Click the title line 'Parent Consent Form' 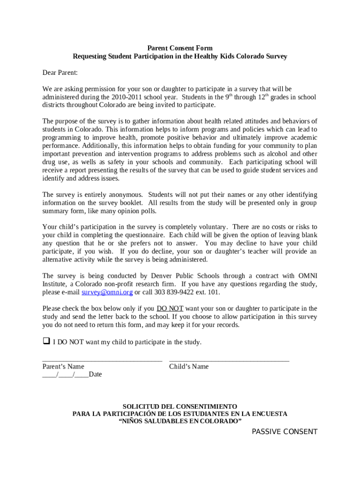tap(180, 48)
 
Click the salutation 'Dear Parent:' tap(60, 73)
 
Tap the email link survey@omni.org tap(107, 292)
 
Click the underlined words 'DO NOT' tap(170, 309)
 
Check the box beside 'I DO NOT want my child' tap(46, 341)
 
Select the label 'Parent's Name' tap(63, 367)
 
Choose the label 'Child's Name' tap(189, 367)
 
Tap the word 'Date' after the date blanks tap(95, 375)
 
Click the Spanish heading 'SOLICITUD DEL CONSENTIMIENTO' tap(180, 406)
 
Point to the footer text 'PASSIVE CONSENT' tap(284, 432)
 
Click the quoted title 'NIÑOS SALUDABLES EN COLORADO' tap(180, 421)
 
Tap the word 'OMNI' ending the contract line tap(307, 276)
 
